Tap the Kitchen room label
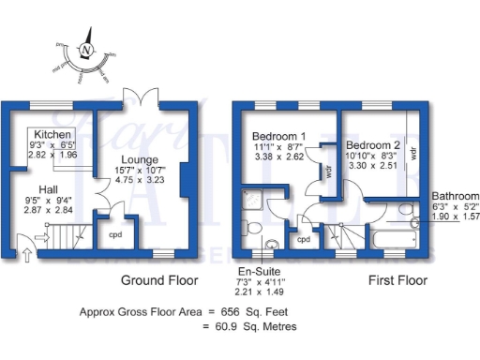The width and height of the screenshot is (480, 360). point(52,135)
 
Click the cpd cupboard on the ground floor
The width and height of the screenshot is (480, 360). point(115,233)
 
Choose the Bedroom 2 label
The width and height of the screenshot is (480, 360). point(373,146)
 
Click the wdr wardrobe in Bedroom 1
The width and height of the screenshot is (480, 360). point(328,172)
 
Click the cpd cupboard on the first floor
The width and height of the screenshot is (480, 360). point(303,239)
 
